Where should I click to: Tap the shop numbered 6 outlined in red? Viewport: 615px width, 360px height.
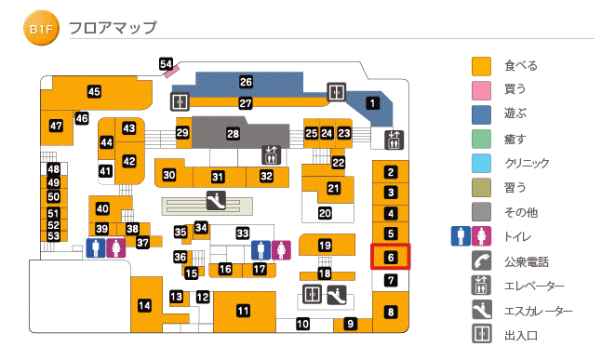click(391, 257)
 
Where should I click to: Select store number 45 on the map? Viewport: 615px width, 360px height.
click(94, 91)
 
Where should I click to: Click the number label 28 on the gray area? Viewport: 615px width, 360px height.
click(233, 134)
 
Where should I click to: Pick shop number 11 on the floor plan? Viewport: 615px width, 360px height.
click(243, 311)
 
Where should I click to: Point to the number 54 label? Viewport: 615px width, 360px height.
click(167, 64)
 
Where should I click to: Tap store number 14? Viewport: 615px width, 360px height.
click(144, 305)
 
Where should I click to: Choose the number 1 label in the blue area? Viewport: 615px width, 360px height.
click(372, 103)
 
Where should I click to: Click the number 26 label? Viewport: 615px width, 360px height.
click(246, 82)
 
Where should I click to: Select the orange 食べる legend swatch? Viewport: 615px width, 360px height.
click(480, 66)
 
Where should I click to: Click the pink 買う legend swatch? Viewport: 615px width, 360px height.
click(480, 90)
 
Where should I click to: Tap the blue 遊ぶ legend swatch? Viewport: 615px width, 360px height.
click(480, 114)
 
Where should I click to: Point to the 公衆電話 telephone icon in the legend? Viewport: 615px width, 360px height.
click(480, 261)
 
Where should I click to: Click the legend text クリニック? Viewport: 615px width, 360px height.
click(527, 164)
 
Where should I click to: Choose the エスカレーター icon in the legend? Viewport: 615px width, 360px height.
click(480, 310)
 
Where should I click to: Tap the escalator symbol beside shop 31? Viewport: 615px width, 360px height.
click(215, 198)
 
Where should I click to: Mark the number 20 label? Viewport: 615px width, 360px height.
click(325, 213)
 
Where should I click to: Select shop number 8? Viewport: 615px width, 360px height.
click(391, 313)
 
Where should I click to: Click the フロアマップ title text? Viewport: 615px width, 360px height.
click(113, 29)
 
